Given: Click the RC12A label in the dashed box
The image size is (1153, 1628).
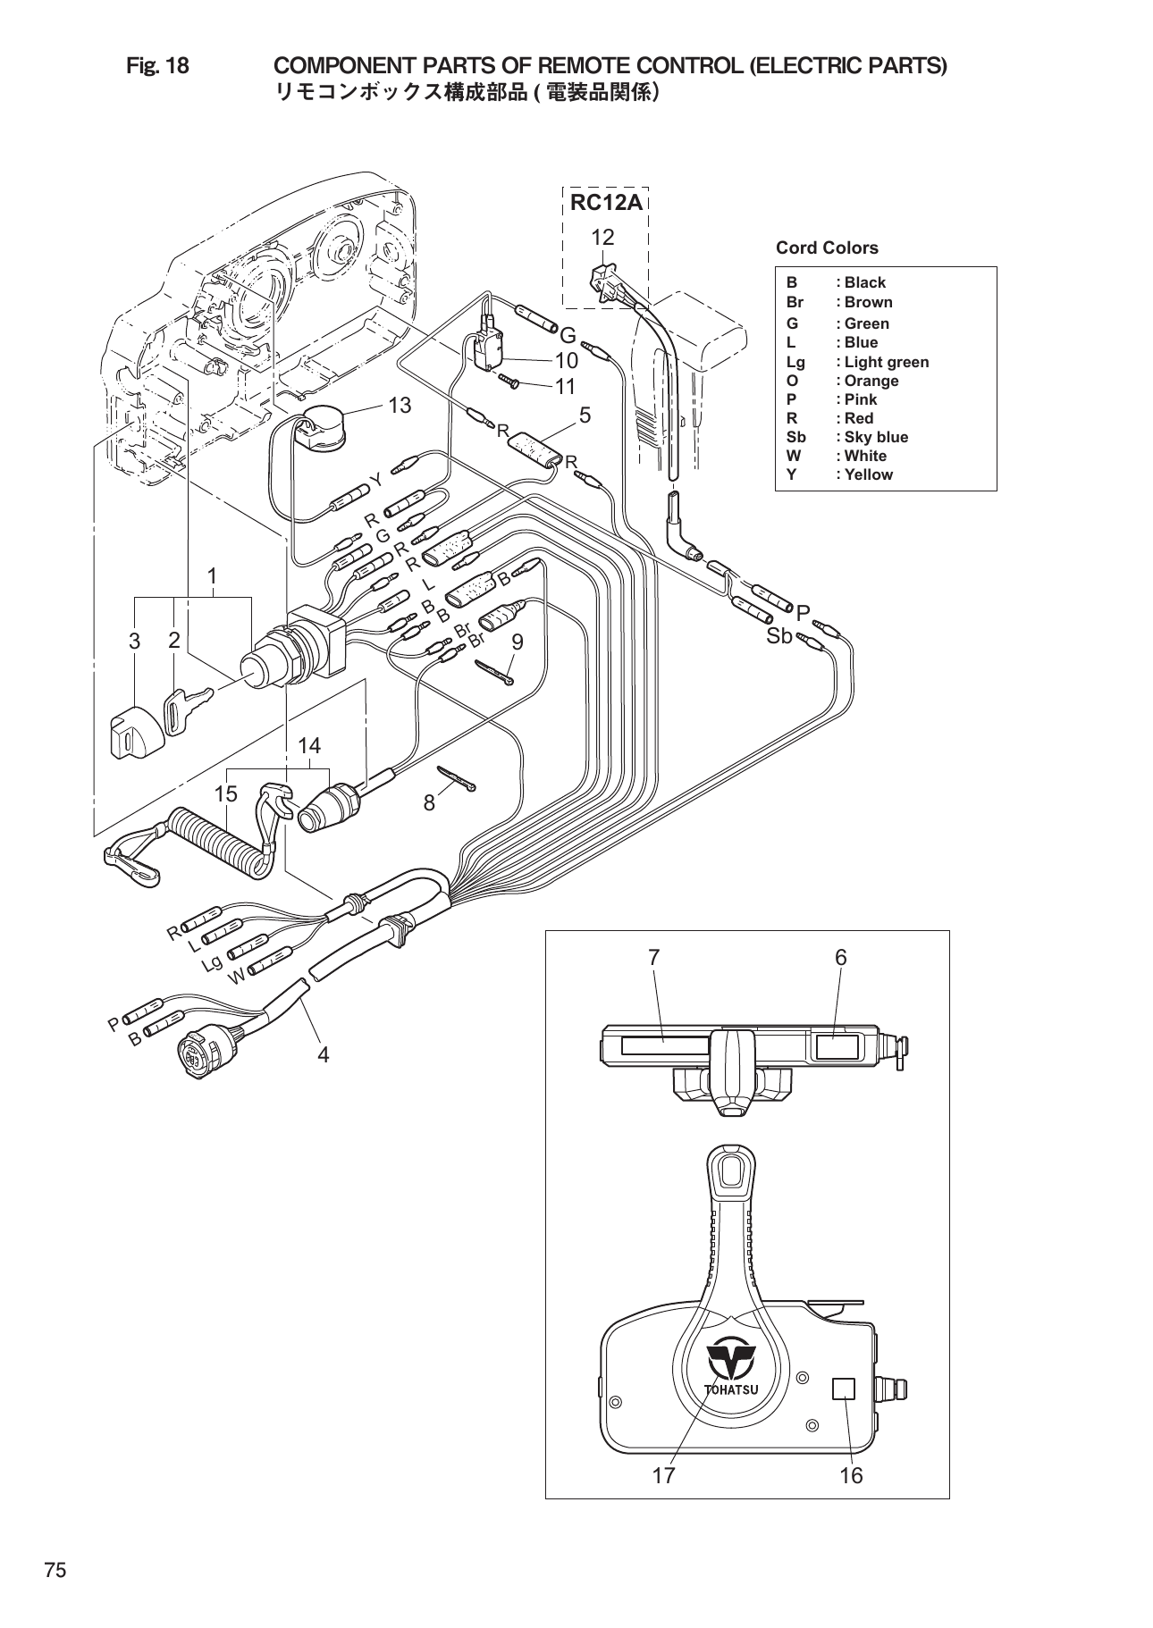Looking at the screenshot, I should pos(606,203).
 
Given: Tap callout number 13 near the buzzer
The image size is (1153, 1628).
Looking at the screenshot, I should pos(400,405).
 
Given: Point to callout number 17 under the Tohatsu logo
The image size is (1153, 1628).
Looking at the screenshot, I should pos(663,1475).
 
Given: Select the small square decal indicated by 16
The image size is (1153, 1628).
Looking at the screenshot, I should pos(843,1389).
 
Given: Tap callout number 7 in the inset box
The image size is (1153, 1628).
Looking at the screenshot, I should pos(654,957).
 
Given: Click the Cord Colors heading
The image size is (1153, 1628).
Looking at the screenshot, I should pos(827,248).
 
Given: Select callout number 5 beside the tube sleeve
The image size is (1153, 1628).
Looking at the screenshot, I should pos(585,415).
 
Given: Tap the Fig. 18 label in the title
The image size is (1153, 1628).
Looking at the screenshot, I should pos(157,65).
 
